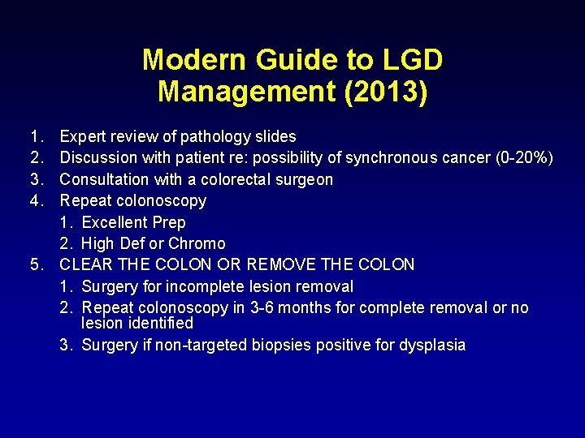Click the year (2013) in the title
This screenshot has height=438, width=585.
point(386,91)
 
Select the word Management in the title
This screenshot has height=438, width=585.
point(247,91)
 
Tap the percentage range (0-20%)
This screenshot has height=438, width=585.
point(524,157)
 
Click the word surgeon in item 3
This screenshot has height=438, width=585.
point(302,179)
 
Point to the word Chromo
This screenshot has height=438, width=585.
point(197,243)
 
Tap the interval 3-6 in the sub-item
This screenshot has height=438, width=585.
point(262,307)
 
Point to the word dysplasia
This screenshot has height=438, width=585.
point(432,345)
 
